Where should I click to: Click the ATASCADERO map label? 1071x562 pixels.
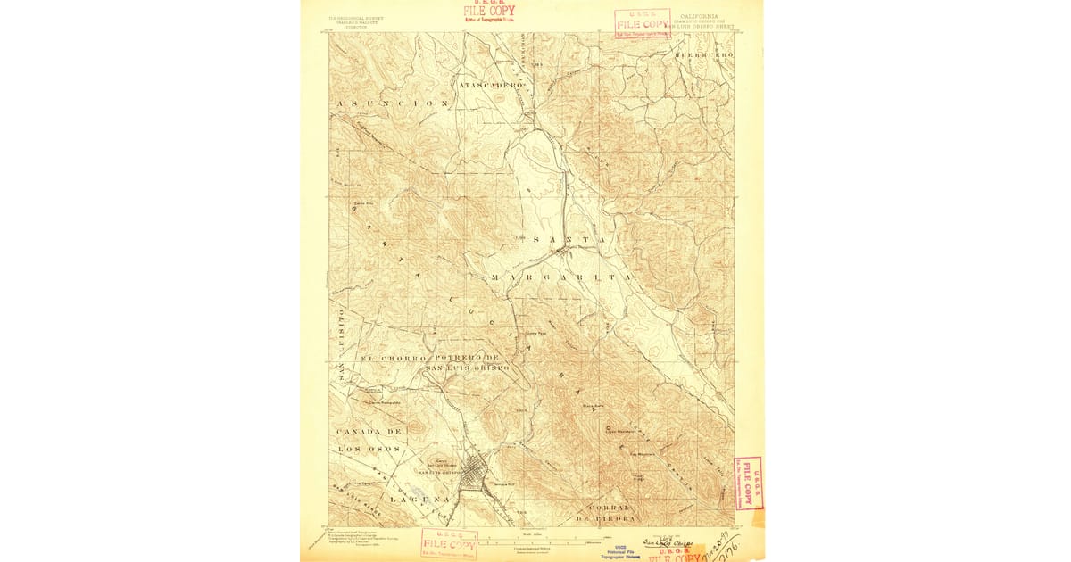(490, 84)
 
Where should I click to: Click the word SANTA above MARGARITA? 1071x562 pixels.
(569, 240)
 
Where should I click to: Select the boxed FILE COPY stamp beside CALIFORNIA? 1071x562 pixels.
(642, 23)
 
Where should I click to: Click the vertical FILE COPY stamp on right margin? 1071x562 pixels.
(748, 483)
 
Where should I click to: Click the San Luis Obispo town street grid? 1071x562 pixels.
(473, 470)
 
